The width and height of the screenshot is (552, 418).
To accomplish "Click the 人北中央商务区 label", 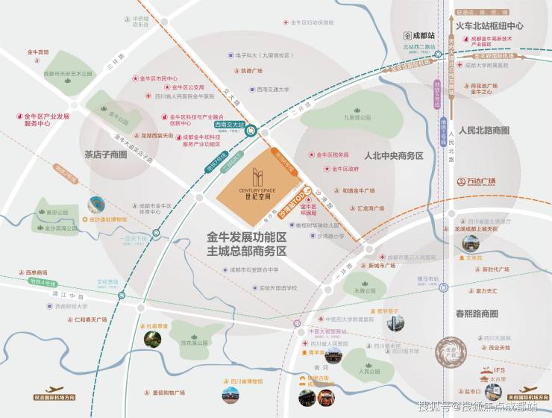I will pos(393,156).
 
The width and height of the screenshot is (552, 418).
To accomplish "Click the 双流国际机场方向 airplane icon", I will pos(54,390).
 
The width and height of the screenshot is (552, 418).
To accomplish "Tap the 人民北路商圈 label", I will pos(484,130).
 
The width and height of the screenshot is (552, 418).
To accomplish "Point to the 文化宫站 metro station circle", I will pos(116,290).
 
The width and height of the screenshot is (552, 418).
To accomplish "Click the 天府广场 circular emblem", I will pos(447,351).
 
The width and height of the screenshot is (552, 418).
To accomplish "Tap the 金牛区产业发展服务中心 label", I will pos(47,120).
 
